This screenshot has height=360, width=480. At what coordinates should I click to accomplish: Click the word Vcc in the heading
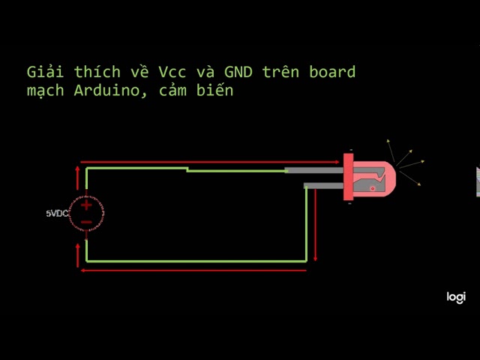(172, 72)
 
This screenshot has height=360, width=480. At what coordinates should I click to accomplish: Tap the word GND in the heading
(238, 72)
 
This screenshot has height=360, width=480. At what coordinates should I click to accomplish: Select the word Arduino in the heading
(106, 91)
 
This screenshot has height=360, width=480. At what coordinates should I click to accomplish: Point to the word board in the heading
(332, 72)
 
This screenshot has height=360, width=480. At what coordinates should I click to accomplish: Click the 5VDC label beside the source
(57, 213)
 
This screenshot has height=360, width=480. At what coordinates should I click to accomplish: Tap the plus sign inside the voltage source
(87, 205)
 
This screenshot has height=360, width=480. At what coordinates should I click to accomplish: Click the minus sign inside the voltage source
(87, 222)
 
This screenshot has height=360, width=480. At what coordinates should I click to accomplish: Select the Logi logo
(456, 297)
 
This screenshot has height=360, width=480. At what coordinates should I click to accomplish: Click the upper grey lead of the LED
(314, 170)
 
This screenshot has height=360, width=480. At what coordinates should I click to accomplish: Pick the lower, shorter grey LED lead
(323, 185)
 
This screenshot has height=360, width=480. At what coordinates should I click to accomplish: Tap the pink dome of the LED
(374, 179)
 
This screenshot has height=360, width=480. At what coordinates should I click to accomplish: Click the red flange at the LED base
(348, 177)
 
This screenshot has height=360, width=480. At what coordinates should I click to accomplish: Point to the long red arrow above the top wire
(210, 162)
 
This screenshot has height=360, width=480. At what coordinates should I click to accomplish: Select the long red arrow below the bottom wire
(193, 271)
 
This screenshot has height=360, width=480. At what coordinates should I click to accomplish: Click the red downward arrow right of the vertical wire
(315, 225)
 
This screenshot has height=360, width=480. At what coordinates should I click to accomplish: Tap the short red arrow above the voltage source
(77, 178)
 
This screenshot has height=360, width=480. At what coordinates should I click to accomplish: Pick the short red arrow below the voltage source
(78, 256)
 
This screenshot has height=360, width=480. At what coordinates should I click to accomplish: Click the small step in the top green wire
(187, 169)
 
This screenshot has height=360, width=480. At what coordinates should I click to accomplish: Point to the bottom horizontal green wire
(196, 262)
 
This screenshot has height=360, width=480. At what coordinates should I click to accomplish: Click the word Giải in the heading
(45, 72)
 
